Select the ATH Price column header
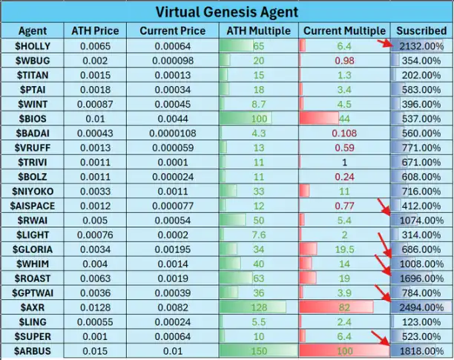coord(94,31)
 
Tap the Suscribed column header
coord(421,31)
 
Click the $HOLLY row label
coord(33,46)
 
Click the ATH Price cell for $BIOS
coord(94,119)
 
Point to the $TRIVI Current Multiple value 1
coord(344,162)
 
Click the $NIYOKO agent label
coord(33,191)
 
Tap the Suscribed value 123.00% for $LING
coord(421,321)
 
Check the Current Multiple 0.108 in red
coord(344,133)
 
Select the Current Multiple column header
coord(344,31)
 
